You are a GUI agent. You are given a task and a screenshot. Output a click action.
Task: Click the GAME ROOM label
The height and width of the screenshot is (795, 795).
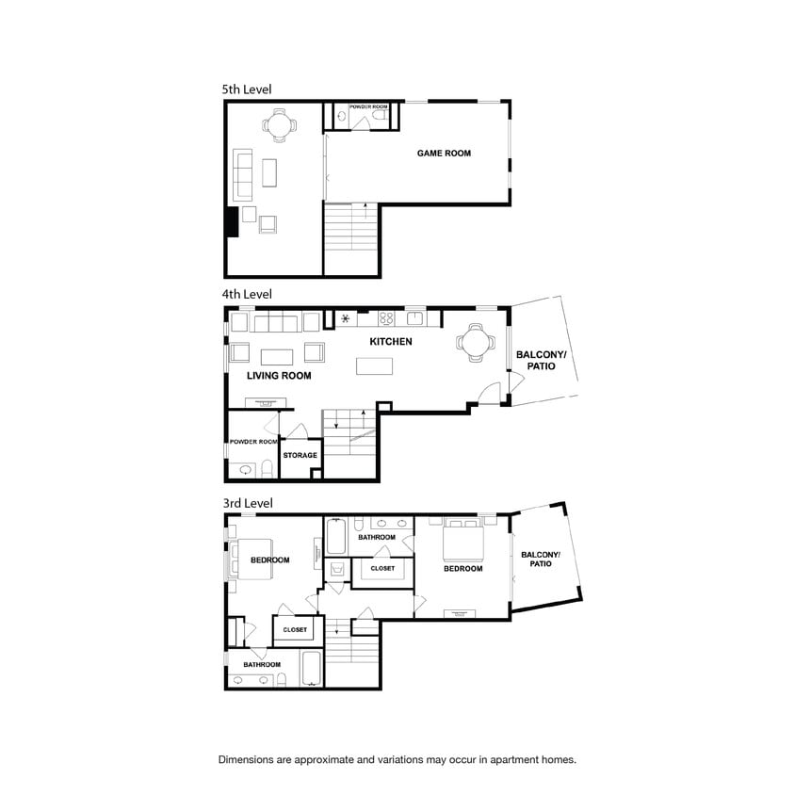click(x=444, y=154)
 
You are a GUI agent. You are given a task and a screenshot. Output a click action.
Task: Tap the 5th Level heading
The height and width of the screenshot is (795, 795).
click(x=247, y=89)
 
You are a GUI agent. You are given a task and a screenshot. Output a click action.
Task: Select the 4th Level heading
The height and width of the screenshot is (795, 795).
click(x=247, y=294)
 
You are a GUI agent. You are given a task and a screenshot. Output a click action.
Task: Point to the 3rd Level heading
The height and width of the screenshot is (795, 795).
click(x=248, y=503)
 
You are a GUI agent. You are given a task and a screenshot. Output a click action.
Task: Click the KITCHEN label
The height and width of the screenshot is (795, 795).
click(x=391, y=342)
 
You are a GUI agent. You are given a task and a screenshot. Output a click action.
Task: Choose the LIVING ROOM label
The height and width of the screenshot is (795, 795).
click(x=279, y=376)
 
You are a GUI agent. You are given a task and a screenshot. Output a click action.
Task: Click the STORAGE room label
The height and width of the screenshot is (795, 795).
click(x=300, y=455)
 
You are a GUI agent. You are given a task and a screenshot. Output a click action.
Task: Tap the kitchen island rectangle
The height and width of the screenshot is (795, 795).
click(x=374, y=366)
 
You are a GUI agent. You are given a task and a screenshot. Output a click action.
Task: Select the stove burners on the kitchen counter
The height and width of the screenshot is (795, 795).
click(x=386, y=318)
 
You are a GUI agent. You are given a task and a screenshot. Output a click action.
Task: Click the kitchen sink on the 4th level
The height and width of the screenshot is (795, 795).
click(x=414, y=318)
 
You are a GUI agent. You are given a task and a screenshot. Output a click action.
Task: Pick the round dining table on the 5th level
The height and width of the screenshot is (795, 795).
click(x=280, y=124)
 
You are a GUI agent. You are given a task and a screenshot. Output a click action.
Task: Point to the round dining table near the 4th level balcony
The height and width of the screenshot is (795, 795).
click(x=475, y=343)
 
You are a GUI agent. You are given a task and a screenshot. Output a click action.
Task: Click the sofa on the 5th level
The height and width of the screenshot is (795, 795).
click(x=242, y=174)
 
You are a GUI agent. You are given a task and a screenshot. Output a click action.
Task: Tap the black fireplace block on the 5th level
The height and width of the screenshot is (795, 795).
click(x=232, y=221)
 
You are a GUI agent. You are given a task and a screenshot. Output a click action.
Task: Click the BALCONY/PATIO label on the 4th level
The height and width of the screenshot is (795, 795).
click(x=541, y=361)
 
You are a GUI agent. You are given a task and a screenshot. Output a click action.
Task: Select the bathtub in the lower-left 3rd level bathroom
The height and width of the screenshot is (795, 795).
click(x=311, y=668)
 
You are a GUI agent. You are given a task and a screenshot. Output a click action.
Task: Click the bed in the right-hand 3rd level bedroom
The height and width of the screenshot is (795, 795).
click(x=463, y=538)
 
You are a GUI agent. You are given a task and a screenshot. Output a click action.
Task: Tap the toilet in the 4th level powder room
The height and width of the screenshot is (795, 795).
click(x=267, y=468)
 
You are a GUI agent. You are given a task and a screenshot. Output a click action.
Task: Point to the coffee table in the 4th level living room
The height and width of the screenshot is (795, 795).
click(x=277, y=357)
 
